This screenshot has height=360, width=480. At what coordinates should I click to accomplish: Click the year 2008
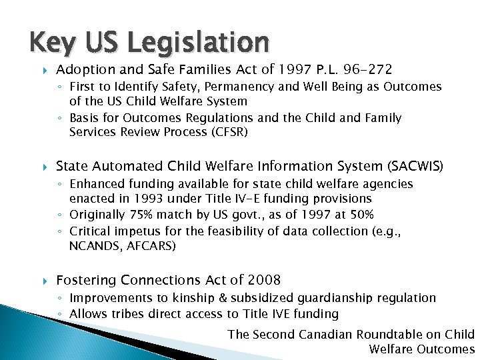pos(263,280)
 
